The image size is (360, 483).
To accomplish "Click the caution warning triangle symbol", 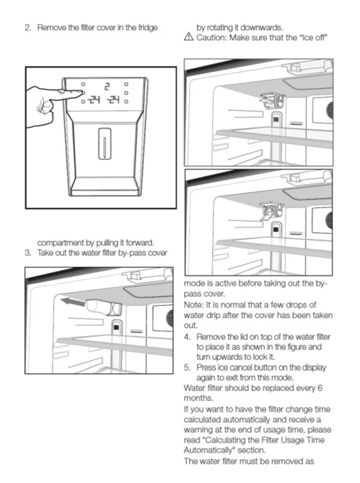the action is (188, 37).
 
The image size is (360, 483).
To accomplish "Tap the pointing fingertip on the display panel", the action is (81, 92).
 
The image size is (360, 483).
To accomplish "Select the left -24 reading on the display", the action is (94, 100).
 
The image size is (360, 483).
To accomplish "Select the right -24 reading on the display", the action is (113, 100).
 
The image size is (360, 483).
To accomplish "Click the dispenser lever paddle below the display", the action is (104, 144).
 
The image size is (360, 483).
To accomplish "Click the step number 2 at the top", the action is (28, 28).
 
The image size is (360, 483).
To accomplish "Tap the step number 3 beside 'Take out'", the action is (28, 253).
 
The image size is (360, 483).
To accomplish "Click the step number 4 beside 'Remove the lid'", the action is (187, 337).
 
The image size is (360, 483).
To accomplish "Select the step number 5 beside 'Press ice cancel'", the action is (187, 368).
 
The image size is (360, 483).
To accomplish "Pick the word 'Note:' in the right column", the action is (193, 305).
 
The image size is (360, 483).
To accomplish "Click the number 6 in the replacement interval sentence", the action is (320, 388).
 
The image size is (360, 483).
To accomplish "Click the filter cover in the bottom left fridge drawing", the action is (103, 307).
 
